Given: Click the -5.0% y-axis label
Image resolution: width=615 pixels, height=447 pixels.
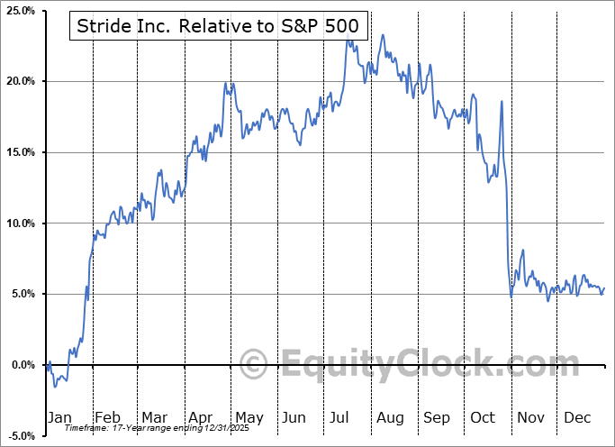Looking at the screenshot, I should pyautogui.click(x=19, y=436).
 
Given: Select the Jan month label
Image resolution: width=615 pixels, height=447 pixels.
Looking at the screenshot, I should pyautogui.click(x=59, y=417).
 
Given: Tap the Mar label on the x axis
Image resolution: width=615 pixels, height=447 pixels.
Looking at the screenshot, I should pyautogui.click(x=154, y=417).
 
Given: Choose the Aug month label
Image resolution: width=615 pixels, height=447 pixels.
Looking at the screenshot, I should pyautogui.click(x=390, y=417).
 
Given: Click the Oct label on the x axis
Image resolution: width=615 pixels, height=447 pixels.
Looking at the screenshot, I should pyautogui.click(x=484, y=417).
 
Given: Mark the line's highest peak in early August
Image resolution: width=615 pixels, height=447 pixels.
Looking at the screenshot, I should pyautogui.click(x=383, y=35).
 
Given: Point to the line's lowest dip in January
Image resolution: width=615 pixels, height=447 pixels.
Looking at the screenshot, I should pyautogui.click(x=55, y=386).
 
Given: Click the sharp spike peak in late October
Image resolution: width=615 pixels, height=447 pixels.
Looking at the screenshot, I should pyautogui.click(x=501, y=101).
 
